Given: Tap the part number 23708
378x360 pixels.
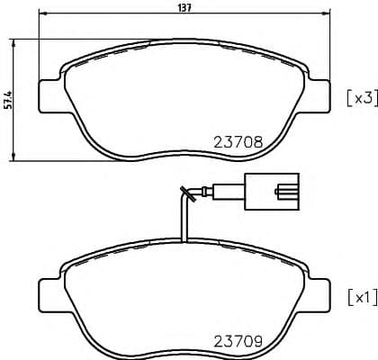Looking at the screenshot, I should click(x=238, y=141).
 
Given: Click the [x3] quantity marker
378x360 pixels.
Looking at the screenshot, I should click(x=359, y=98).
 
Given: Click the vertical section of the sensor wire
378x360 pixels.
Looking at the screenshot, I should click(x=184, y=220).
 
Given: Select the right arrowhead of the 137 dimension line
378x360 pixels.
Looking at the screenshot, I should click(x=325, y=15).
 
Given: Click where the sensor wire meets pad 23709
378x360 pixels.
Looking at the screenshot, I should click(x=184, y=241).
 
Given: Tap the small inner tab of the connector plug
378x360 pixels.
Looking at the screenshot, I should click(x=289, y=191).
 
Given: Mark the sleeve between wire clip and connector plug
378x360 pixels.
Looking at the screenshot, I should click(x=230, y=191).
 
